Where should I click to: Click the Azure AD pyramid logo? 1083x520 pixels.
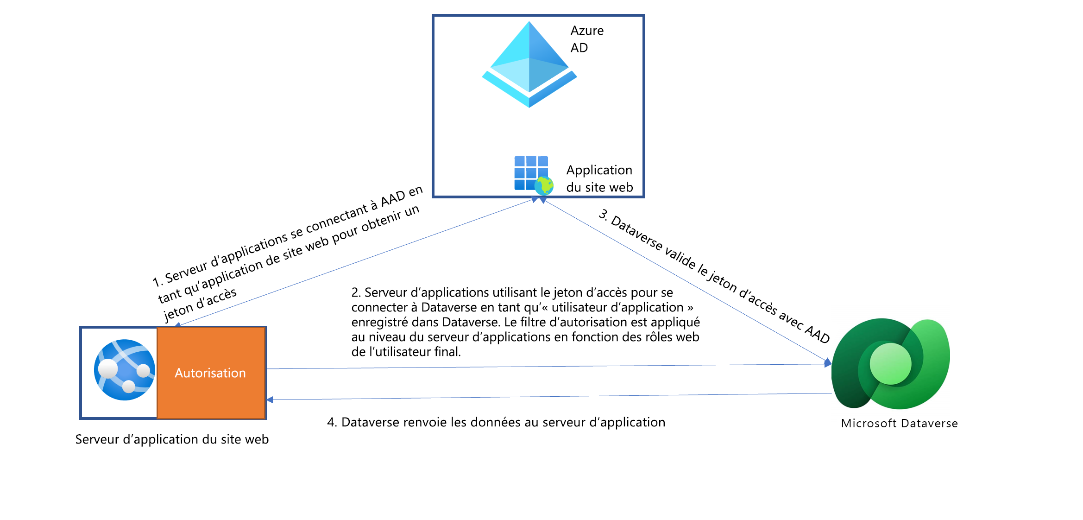529,65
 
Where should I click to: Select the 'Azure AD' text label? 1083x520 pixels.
586,39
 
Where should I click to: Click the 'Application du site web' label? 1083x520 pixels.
599,178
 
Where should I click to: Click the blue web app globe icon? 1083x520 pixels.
124,370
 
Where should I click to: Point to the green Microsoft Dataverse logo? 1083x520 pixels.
890,364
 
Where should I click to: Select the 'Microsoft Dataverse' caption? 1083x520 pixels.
899,423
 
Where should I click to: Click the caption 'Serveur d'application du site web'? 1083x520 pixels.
172,439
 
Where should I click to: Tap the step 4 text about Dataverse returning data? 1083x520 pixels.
496,422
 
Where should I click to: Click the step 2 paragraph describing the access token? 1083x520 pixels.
525,322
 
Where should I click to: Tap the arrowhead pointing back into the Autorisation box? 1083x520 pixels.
270,400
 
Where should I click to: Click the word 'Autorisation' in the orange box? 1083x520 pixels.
210,373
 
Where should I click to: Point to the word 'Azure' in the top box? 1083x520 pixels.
587,31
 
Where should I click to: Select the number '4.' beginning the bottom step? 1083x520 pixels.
332,422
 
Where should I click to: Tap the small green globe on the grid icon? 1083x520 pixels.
544,185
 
